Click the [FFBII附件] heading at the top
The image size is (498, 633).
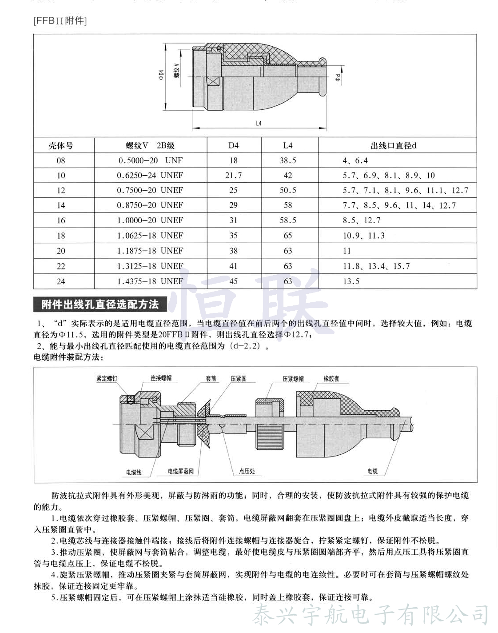pyautogui.click(x=60, y=21)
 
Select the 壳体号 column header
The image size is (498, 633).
pyautogui.click(x=61, y=145)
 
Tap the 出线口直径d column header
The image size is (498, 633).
pyautogui.click(x=393, y=145)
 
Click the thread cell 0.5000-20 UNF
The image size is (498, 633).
pyautogui.click(x=150, y=160)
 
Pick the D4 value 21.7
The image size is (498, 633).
pyautogui.click(x=233, y=176)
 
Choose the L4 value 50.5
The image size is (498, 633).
pyautogui.click(x=288, y=190)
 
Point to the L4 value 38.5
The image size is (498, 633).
pyautogui.click(x=288, y=160)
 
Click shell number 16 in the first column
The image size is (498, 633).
pyautogui.click(x=61, y=220)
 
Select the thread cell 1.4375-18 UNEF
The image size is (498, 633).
pyautogui.click(x=150, y=281)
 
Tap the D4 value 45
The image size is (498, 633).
pyautogui.click(x=233, y=281)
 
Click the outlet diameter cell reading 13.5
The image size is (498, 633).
pyautogui.click(x=351, y=281)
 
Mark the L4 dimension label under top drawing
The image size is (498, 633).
pyautogui.click(x=259, y=123)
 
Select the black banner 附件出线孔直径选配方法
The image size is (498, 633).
pyautogui.click(x=100, y=304)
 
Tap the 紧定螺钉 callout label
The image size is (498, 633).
pyautogui.click(x=107, y=379)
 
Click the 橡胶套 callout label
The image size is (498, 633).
pyautogui.click(x=331, y=379)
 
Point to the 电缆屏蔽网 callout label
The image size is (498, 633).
pyautogui.click(x=181, y=471)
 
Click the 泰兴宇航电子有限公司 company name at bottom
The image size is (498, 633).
pyautogui.click(x=371, y=615)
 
